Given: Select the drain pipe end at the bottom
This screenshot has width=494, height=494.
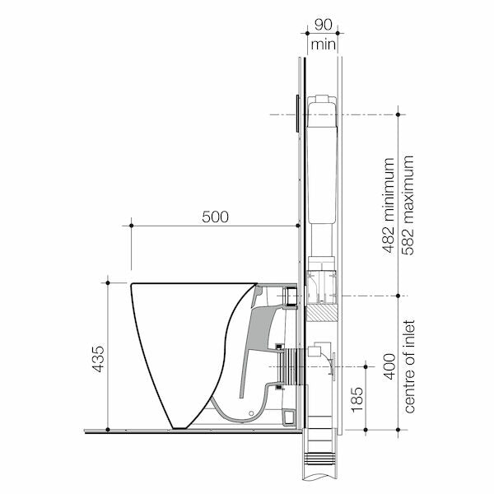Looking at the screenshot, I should [322, 469].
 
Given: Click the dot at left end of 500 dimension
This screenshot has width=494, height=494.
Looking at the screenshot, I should [132, 225].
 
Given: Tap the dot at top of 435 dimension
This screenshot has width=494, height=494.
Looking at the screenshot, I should [108, 283].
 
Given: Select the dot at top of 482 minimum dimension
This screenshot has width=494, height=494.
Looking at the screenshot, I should [398, 114].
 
